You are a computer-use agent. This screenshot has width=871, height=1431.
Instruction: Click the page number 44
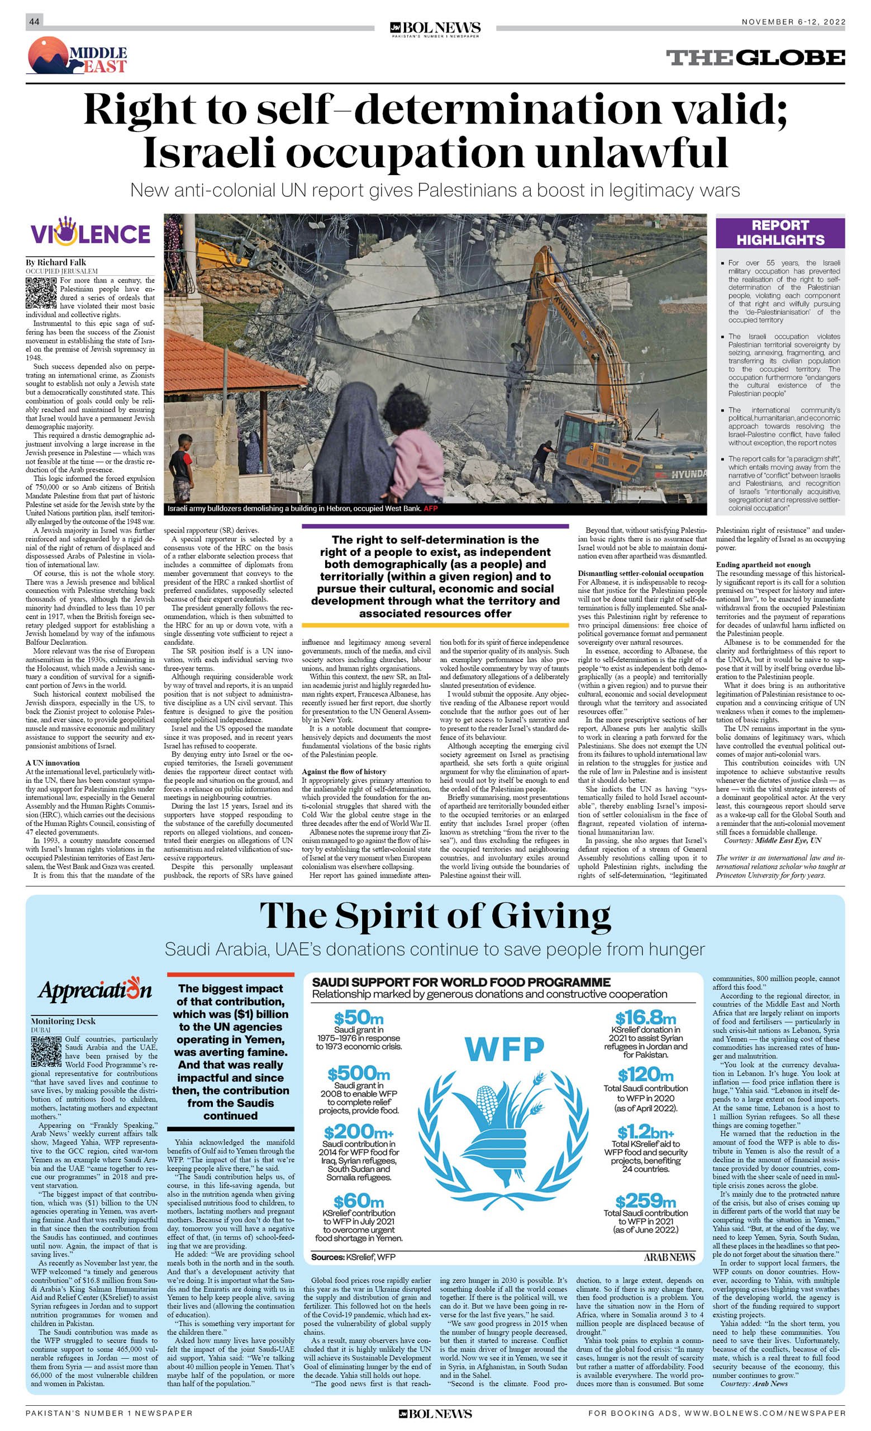pos(34,21)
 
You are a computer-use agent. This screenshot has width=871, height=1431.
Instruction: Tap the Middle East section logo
pos(77,56)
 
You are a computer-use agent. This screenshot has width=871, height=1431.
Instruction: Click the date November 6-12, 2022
pos(793,22)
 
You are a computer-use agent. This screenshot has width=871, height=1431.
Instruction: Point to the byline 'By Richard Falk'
pos(56,262)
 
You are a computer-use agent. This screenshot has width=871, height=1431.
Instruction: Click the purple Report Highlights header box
pos(780,233)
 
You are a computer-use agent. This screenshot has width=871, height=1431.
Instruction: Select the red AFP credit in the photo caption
pos(431,509)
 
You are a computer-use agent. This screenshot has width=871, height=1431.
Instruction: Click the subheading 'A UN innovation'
pos(53,763)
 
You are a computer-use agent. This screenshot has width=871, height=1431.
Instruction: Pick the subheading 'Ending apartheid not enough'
pos(763,564)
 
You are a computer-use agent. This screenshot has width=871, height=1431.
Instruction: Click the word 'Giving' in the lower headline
pos(551,917)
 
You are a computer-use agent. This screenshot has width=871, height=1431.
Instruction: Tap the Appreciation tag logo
pos(94,991)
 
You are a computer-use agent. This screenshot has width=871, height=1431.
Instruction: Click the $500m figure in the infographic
pos(359,1074)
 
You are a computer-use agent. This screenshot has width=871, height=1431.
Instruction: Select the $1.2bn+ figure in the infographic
pos(645,1132)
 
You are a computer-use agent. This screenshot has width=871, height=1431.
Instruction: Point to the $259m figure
pos(645,1200)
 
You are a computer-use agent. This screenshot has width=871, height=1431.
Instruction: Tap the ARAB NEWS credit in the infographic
pos(669,1257)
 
